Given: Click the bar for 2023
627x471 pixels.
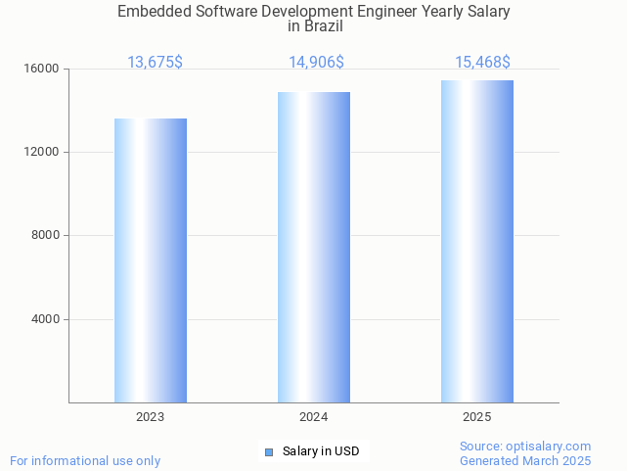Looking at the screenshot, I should pos(151,260).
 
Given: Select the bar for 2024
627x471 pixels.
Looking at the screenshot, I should pos(314,247).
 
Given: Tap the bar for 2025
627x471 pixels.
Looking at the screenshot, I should pos(477,241).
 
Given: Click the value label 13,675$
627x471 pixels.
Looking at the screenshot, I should pos(155,63).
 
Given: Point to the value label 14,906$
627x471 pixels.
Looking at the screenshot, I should pos(316,63).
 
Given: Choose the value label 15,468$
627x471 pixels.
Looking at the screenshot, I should pos(482,63).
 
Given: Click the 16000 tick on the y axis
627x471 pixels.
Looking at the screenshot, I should pos(42,70).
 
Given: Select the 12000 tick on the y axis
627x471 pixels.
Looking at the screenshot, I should pos(42,153).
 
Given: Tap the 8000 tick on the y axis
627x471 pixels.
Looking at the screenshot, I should pos(45,236).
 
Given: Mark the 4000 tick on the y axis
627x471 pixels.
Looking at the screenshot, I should pos(45,319).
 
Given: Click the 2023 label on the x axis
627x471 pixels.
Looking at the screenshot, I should pos(151,417).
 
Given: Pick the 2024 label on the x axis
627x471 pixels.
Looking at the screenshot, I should pos(314,417).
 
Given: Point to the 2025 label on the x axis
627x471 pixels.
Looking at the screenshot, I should pos(477,417).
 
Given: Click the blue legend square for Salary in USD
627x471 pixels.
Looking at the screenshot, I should pos(270,451).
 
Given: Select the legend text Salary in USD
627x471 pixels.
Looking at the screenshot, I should pos(321,451).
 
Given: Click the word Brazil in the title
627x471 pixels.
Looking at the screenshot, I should pos(315,26).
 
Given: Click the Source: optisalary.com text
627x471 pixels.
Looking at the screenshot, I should pos(525,447).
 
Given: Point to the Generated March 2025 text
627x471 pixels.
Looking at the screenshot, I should pos(525,460).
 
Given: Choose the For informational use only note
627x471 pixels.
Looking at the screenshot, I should pos(85,460).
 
